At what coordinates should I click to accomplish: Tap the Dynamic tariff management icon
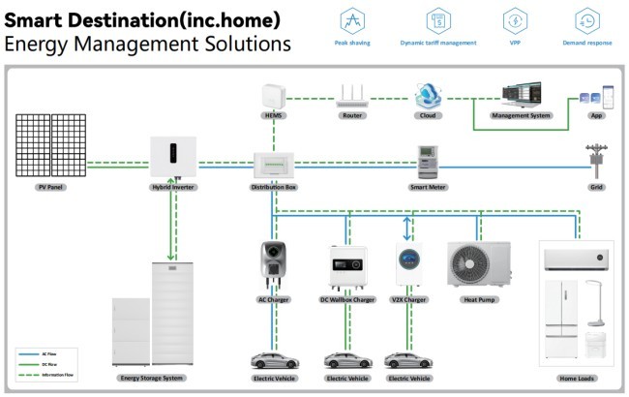coord(437,20)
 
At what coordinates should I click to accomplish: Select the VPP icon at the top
coord(514,20)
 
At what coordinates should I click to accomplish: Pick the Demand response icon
coord(585,20)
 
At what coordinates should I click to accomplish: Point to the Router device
coord(352,95)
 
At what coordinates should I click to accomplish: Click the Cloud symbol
coord(429,95)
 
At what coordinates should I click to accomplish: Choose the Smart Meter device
coord(429,159)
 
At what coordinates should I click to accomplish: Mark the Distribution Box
coord(274,164)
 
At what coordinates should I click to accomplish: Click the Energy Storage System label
coord(150,378)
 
